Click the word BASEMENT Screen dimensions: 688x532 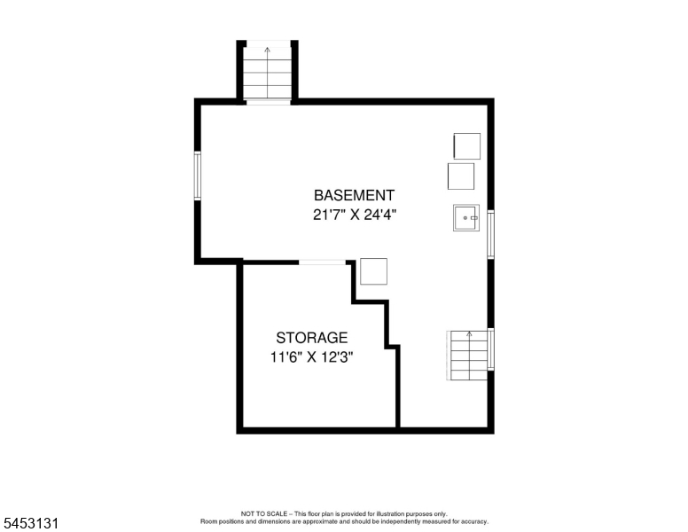(x=354, y=195)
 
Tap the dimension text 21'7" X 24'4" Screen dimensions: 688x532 (x=355, y=215)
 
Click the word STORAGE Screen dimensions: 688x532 (x=311, y=338)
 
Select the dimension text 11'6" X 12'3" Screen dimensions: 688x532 (x=311, y=357)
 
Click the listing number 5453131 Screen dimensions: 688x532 (x=31, y=523)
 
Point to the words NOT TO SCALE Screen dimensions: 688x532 (x=263, y=513)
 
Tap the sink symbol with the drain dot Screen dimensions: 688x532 (x=466, y=218)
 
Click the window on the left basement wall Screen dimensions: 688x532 (x=198, y=176)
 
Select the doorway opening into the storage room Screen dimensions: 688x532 (x=322, y=262)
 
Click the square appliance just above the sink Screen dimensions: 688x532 (x=461, y=176)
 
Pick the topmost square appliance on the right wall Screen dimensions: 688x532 (x=467, y=146)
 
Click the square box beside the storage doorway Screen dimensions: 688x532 (x=374, y=271)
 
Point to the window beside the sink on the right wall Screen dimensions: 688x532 (x=491, y=234)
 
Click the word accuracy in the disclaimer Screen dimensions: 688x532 (x=475, y=521)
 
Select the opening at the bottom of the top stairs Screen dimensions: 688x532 (x=268, y=102)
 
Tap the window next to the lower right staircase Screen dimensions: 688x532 (x=491, y=349)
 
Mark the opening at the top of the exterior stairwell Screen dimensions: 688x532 (x=268, y=43)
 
